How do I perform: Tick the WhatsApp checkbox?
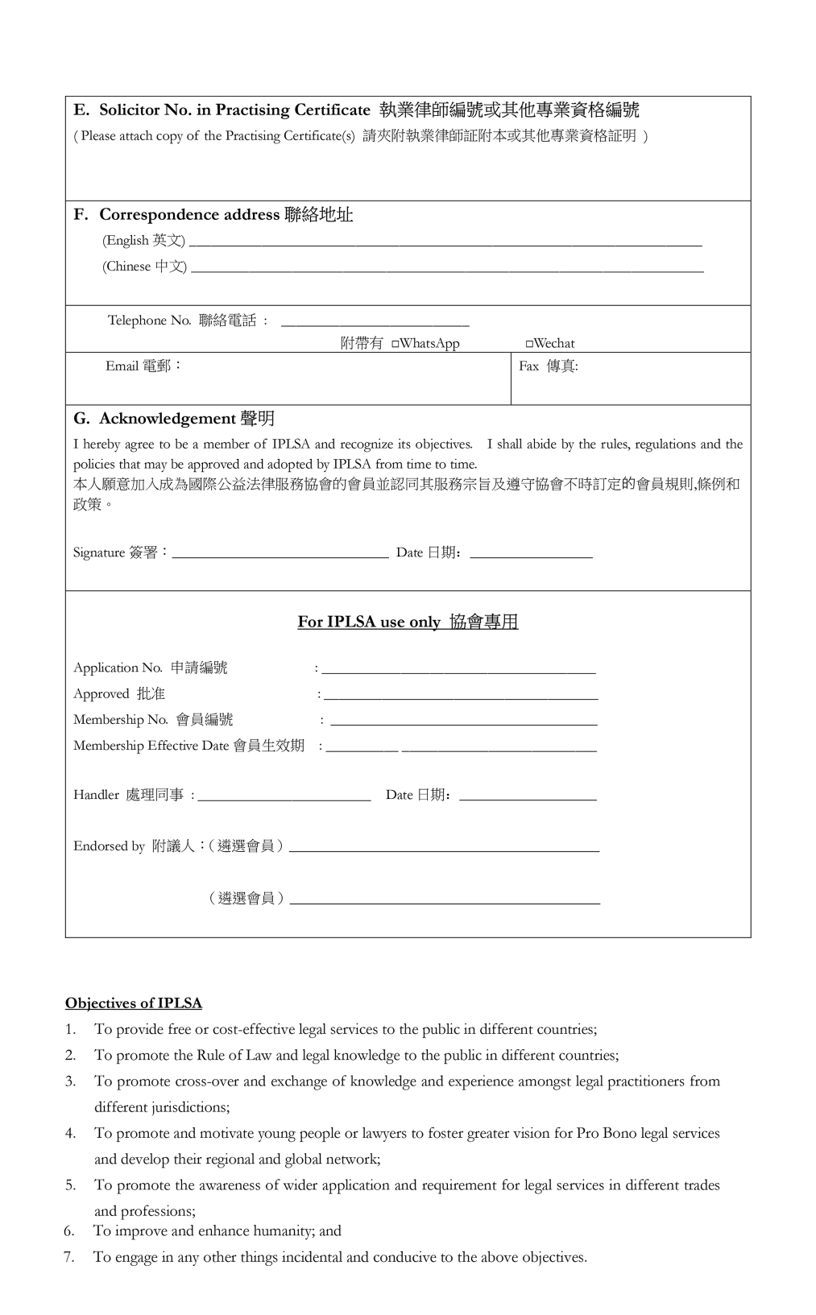click(x=396, y=345)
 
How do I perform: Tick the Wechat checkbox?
click(x=529, y=345)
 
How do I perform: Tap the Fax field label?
click(x=548, y=366)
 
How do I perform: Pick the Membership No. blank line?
click(x=464, y=722)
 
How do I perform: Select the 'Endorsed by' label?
click(x=109, y=846)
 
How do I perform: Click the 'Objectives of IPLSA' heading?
click(x=134, y=1003)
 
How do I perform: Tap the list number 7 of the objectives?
click(x=69, y=1257)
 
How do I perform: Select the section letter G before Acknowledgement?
click(x=80, y=419)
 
